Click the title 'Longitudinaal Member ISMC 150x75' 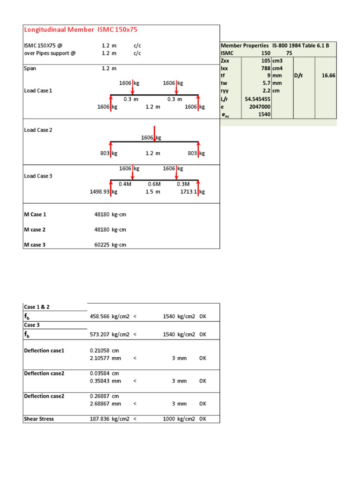coord(81,30)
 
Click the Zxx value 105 coord(265,61)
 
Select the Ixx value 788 coord(265,68)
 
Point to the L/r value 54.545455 coord(257,99)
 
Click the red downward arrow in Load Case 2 coord(155,133)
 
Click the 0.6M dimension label coord(155,184)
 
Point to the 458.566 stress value coord(99,317)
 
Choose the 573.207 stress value coord(99,335)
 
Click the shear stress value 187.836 coord(99,419)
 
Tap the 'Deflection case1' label coord(44,351)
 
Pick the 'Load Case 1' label coord(38,90)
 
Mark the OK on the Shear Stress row coord(202,419)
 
